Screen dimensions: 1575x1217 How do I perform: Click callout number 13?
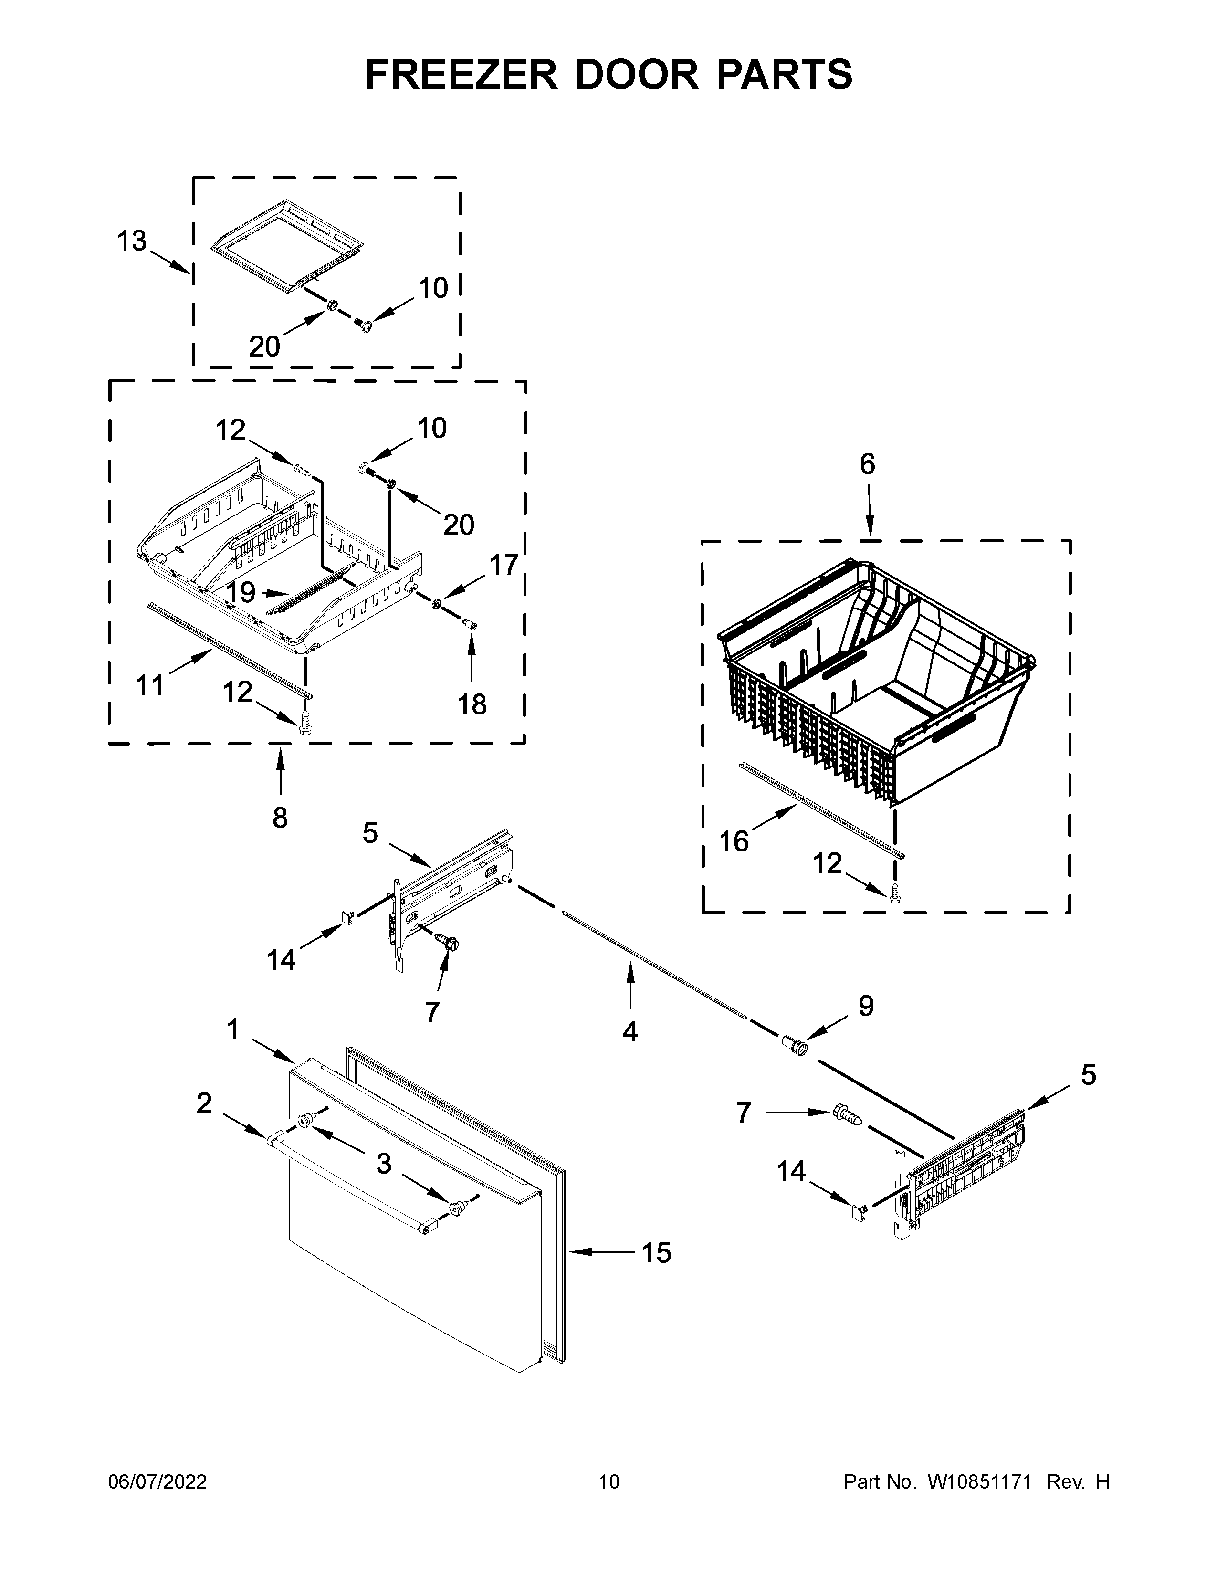132,241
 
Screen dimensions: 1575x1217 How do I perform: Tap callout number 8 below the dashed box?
281,817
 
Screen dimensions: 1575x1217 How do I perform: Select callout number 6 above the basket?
867,464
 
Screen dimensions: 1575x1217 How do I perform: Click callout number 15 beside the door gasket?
656,1253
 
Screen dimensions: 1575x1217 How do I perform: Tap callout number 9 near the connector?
866,1005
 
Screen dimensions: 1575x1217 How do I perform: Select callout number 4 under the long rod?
630,1032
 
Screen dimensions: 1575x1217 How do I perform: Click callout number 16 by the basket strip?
734,841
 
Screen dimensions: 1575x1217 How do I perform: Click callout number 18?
472,704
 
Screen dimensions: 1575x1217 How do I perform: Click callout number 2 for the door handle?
204,1102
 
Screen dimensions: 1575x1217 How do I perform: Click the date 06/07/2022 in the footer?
157,1482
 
